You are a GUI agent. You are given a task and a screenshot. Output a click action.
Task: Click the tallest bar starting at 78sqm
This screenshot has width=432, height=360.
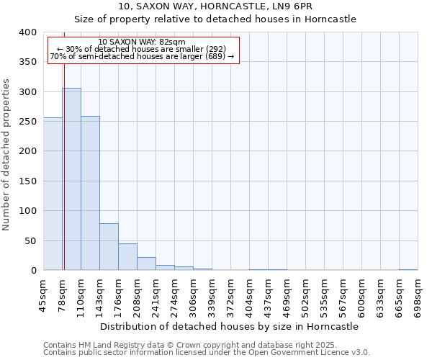pos(71,179)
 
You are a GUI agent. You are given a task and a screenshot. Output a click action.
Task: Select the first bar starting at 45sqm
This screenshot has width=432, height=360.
pos(53,194)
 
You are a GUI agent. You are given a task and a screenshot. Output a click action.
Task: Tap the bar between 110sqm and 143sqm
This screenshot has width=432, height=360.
pos(90,193)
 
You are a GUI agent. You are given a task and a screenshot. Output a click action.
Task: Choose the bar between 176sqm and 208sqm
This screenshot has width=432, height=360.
pos(127,257)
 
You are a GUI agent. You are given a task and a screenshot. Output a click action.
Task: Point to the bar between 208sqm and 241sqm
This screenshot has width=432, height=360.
pos(146,264)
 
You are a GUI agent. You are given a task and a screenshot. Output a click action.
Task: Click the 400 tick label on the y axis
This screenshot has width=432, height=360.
pos(28,32)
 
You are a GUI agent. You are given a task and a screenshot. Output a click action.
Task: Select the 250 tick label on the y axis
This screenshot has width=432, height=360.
pos(28,122)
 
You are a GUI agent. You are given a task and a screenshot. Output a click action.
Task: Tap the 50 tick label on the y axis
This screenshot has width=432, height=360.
pos(30,240)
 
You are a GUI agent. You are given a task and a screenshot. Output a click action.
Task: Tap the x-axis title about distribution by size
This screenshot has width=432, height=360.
pos(230,326)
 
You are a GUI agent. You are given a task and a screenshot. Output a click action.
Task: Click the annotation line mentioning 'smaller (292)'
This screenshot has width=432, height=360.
pos(141,49)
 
